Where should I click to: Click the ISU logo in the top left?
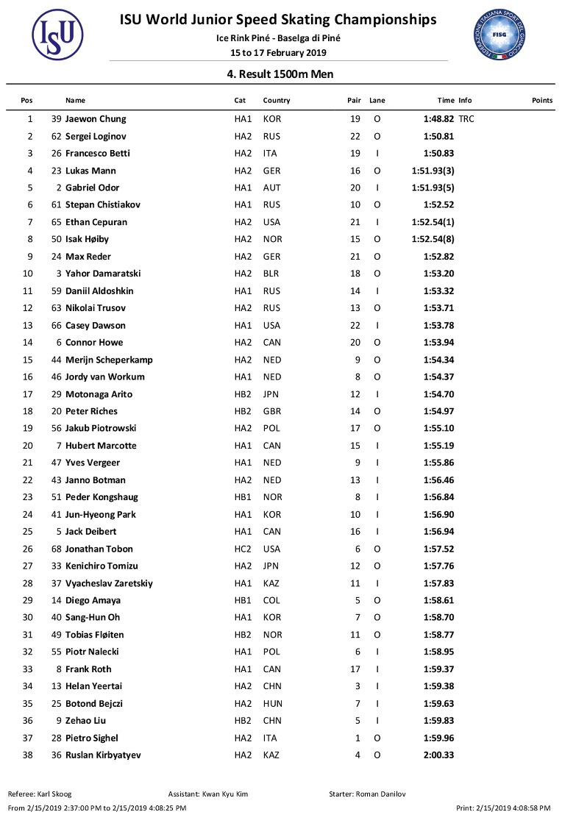point(57,35)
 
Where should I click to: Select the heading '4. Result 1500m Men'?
point(279,74)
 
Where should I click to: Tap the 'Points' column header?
point(541,101)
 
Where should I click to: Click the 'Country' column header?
point(276,101)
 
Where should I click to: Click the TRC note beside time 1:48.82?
point(466,119)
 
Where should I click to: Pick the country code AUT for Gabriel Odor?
point(271,188)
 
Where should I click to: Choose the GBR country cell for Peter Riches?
point(271,411)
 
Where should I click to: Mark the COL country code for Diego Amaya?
point(271,600)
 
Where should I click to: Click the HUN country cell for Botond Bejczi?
point(272,703)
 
